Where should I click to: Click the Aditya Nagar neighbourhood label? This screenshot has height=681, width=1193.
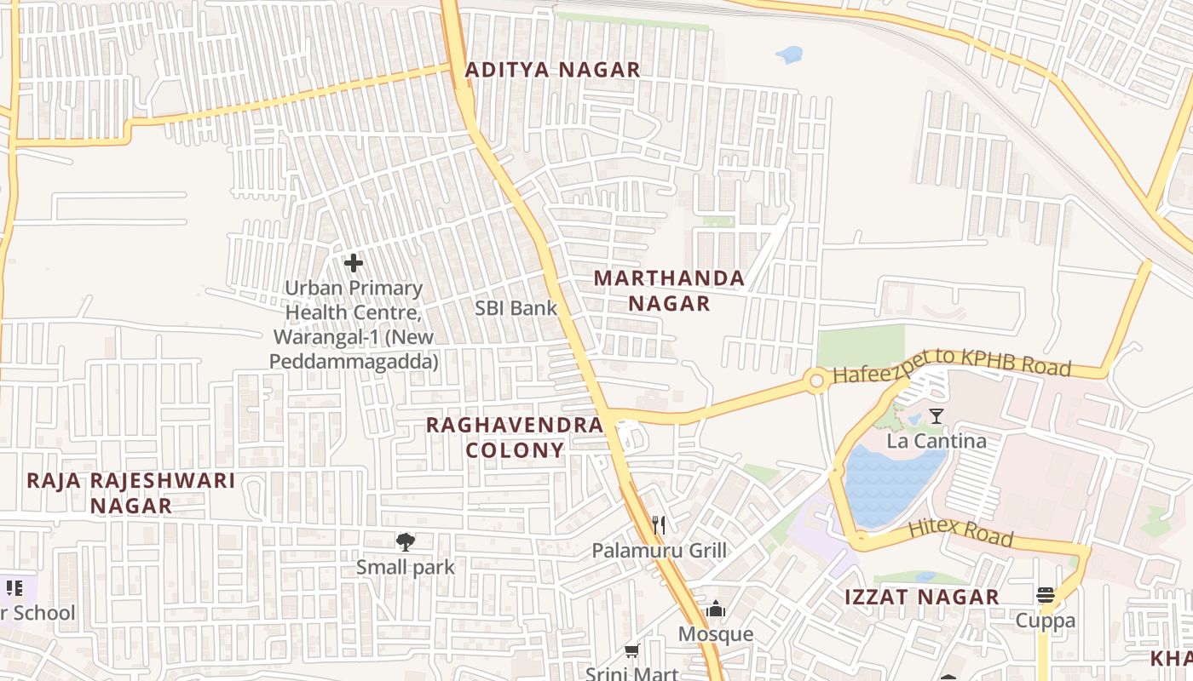click(x=552, y=70)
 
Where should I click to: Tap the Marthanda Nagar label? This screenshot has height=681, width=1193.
click(x=669, y=290)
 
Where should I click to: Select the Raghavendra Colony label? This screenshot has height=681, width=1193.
click(x=515, y=437)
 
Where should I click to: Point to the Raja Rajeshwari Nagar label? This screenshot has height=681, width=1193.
click(x=130, y=492)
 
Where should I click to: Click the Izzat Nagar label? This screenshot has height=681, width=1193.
click(x=921, y=597)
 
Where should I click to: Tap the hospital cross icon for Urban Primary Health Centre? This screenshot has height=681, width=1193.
click(x=353, y=263)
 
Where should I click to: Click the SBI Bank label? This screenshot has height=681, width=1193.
click(x=516, y=308)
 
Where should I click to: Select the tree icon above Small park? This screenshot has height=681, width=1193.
click(x=405, y=541)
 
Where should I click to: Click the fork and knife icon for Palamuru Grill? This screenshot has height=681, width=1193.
click(x=658, y=524)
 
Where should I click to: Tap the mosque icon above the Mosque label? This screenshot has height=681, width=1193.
click(x=716, y=609)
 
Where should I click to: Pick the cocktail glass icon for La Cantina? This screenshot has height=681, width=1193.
click(x=937, y=415)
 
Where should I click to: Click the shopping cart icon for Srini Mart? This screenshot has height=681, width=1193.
click(x=631, y=651)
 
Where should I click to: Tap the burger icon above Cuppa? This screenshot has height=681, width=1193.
click(x=1046, y=594)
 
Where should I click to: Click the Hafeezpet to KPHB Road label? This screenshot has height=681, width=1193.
click(x=951, y=364)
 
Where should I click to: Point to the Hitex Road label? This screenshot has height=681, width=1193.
click(x=960, y=531)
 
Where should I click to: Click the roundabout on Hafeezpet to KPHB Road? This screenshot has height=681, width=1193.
click(x=816, y=381)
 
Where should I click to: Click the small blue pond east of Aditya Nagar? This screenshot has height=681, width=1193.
click(x=790, y=55)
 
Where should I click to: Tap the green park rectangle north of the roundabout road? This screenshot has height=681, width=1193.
click(x=861, y=345)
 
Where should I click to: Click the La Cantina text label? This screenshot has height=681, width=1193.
click(x=937, y=441)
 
